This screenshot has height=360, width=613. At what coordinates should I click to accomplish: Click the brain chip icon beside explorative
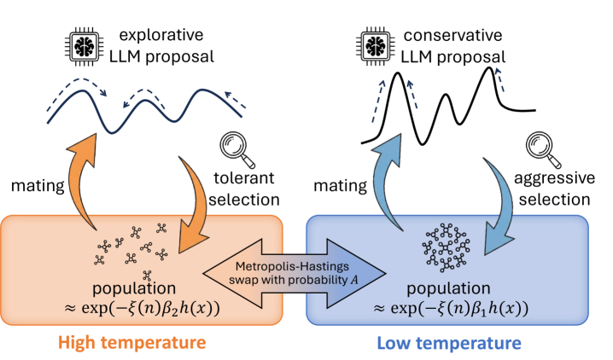point(85,46)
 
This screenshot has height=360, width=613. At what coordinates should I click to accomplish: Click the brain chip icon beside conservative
point(376,46)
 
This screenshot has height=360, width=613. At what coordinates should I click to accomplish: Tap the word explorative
point(161,35)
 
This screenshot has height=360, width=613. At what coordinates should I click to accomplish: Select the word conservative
point(452,36)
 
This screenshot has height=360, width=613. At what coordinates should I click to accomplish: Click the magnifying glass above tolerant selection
point(236,149)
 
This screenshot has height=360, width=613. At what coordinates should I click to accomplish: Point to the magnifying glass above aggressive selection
point(543,149)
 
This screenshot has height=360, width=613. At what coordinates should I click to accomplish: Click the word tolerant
point(244,178)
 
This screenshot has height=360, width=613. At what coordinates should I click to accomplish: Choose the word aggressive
point(554,178)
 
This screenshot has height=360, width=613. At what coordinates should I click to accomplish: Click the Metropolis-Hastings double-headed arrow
point(295,273)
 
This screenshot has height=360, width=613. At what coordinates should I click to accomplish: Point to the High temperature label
point(132,343)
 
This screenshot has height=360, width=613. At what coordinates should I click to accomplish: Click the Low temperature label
point(449,343)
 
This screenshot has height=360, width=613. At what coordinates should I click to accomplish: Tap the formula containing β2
point(142,309)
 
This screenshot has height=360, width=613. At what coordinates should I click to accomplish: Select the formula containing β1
point(451,309)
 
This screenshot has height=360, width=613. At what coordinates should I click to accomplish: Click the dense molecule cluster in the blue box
point(446,247)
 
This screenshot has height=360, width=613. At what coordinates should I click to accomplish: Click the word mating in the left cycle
point(38,186)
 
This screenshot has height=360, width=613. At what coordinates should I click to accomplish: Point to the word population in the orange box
point(134,288)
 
